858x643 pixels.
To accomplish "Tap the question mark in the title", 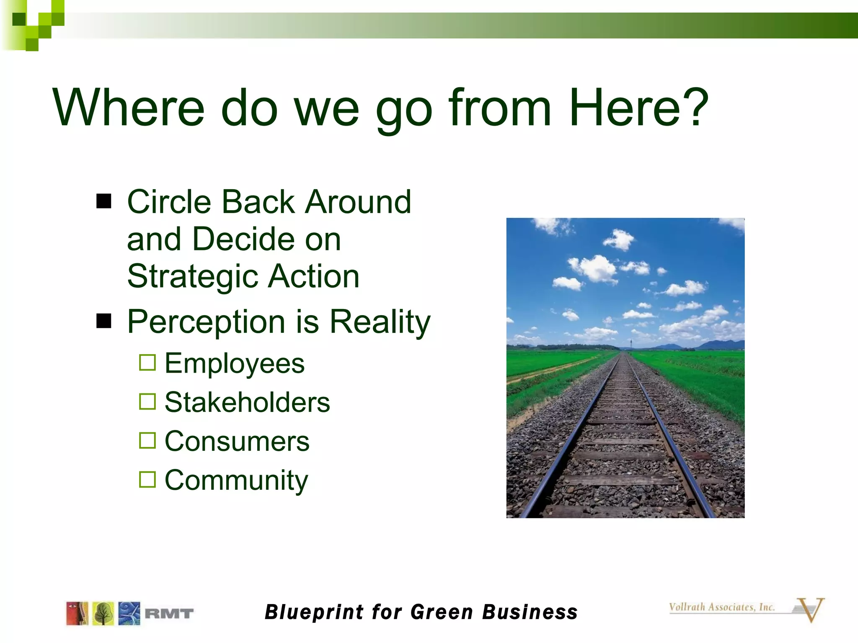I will pyautogui.click(x=695, y=108).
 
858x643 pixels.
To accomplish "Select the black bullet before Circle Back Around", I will pyautogui.click(x=104, y=201).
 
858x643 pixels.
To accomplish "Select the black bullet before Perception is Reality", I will pyautogui.click(x=104, y=321).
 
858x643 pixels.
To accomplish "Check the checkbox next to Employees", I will pyautogui.click(x=147, y=363).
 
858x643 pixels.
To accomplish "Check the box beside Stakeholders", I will pyautogui.click(x=147, y=401).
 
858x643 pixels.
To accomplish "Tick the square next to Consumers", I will pyautogui.click(x=147, y=440).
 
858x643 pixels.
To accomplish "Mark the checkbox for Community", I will pyautogui.click(x=147, y=479).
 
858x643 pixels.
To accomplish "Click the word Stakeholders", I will pyautogui.click(x=247, y=402).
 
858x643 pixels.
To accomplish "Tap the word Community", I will pyautogui.click(x=236, y=480).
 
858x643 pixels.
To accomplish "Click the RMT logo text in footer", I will pyautogui.click(x=169, y=614).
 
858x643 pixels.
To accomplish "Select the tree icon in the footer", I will pyautogui.click(x=103, y=614).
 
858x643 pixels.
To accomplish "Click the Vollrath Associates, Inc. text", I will pyautogui.click(x=721, y=607).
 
